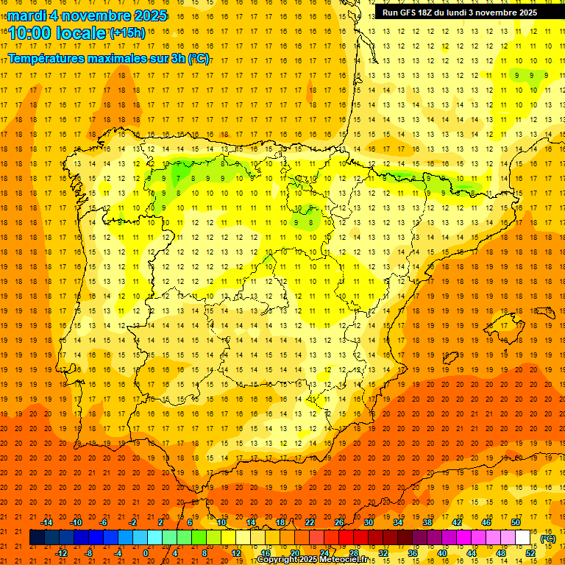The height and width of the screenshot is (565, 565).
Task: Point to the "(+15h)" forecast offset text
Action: tap(127, 33)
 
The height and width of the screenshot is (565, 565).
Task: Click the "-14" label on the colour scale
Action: tap(46, 522)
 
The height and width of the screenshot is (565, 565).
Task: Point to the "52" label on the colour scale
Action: tap(530, 553)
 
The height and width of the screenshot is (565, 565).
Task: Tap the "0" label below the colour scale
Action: tap(146, 553)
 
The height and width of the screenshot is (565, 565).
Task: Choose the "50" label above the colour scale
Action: tap(516, 522)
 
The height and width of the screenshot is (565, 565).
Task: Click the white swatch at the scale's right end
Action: tap(523, 538)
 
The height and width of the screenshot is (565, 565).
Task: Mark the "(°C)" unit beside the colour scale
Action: tap(547, 539)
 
